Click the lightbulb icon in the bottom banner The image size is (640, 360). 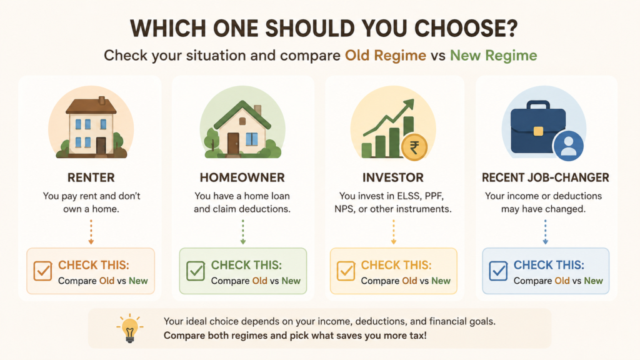(130, 328)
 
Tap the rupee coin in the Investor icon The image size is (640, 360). (414, 147)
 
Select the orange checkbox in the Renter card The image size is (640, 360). (43, 271)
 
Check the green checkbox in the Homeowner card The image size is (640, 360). (196, 271)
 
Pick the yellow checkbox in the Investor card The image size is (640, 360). (346, 271)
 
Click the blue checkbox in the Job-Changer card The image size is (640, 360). (498, 271)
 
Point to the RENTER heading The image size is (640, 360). (91, 177)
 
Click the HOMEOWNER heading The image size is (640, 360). (242, 177)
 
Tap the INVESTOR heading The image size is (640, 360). (393, 177)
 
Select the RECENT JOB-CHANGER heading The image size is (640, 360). (545, 177)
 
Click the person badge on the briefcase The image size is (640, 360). (568, 146)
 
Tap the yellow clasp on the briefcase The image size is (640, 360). (538, 131)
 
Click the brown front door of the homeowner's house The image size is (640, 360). (233, 144)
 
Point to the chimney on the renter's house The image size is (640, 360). (102, 101)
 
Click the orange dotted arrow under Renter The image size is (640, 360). (91, 232)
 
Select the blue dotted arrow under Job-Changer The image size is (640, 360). (545, 232)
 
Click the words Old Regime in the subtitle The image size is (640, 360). (385, 56)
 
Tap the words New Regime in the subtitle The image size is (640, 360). (494, 56)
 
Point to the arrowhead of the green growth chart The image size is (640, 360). (409, 106)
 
